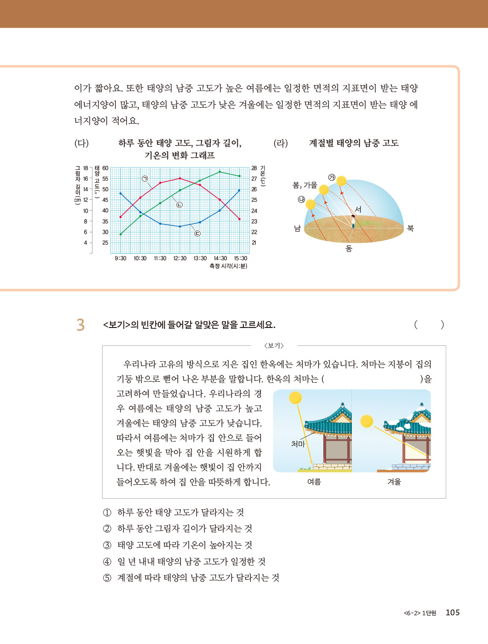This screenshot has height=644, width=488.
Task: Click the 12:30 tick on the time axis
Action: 180,259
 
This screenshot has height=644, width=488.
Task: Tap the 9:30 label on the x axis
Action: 121,259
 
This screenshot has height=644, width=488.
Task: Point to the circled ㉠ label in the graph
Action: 145,178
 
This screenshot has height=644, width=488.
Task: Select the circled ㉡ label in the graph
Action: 179,205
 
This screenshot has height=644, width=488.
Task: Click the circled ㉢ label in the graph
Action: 197,233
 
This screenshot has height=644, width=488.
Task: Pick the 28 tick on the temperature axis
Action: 254,168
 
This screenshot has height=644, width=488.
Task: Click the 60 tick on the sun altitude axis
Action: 105,168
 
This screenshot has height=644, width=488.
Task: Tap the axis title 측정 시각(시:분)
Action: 228,266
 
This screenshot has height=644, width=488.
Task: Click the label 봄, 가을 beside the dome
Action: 305,185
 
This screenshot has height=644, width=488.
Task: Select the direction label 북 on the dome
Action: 410,228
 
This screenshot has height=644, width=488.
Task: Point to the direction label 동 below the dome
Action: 349,248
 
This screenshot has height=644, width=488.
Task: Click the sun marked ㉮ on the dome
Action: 341,181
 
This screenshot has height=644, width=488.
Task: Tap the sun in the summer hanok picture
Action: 295,397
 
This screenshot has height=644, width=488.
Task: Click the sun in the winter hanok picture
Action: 367,421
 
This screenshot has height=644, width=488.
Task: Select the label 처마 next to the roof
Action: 298,444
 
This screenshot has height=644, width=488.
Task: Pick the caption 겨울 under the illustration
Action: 394,482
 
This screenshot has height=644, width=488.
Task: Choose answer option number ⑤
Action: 107,578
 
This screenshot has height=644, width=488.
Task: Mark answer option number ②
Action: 107,529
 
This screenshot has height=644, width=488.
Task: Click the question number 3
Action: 80,325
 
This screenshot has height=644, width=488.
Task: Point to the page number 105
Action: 453,612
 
